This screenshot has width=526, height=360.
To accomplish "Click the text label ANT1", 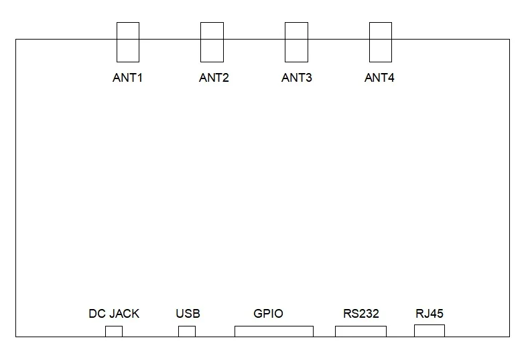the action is click(x=127, y=78).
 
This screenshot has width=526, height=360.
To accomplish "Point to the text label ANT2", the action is click(x=214, y=78).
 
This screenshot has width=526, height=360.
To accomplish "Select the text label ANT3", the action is click(x=297, y=78).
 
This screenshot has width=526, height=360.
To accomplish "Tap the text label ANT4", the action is click(x=379, y=78).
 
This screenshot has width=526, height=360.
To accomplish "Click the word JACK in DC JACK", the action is click(x=123, y=314).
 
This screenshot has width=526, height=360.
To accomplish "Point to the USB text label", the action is click(x=188, y=314).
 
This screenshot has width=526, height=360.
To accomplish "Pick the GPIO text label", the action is click(x=269, y=314).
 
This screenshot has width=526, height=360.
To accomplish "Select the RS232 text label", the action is click(x=361, y=314).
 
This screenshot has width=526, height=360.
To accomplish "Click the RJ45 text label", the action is click(x=430, y=314).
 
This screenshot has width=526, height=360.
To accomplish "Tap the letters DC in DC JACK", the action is click(x=97, y=314).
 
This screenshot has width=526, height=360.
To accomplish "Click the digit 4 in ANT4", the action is click(x=391, y=78).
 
